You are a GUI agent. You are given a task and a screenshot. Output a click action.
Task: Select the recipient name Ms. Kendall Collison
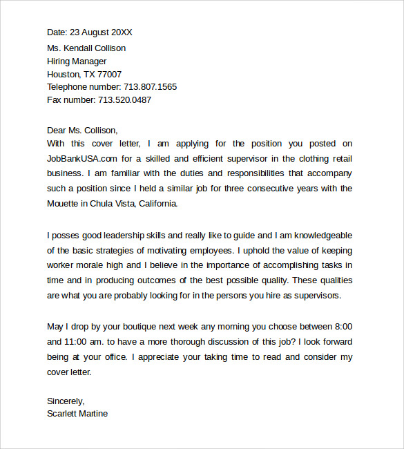[86, 48]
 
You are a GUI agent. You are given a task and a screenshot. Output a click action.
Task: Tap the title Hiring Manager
[77, 61]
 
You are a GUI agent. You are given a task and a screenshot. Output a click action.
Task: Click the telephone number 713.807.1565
[150, 87]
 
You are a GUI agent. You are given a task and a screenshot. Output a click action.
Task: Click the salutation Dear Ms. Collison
[82, 130]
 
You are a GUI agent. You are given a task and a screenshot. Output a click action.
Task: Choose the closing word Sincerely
[65, 401]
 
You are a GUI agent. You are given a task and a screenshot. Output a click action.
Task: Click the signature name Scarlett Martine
[77, 414]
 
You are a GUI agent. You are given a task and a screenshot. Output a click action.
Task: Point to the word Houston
[64, 75]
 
